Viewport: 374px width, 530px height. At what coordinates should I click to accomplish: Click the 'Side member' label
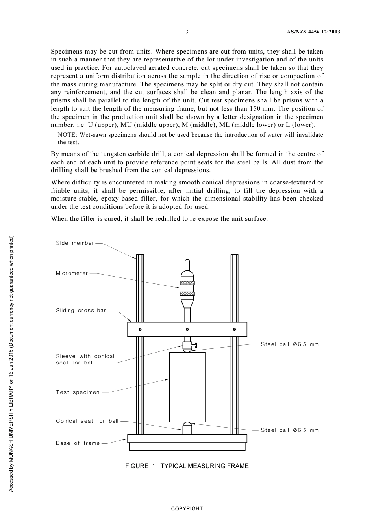(x=75, y=243)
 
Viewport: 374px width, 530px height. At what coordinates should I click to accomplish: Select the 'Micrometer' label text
(x=72, y=273)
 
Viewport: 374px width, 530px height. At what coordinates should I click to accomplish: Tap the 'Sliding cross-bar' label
(x=81, y=311)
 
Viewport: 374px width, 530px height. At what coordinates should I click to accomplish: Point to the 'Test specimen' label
(x=78, y=392)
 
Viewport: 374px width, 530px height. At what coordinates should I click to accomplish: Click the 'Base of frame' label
(x=78, y=443)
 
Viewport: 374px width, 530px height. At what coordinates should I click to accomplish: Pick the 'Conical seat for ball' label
(x=87, y=421)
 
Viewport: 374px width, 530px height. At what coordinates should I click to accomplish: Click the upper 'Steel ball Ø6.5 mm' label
(x=290, y=344)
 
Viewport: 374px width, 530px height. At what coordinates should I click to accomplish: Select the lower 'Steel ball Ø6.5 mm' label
(x=290, y=430)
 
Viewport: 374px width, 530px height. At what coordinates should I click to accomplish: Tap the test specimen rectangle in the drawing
(x=187, y=387)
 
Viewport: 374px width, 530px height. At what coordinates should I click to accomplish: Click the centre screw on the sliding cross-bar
(x=187, y=329)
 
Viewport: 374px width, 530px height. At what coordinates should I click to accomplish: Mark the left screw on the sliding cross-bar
(x=140, y=329)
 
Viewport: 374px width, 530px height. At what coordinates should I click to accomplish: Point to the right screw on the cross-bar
(x=235, y=329)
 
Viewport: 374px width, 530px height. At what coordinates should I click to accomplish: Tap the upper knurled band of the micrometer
(x=187, y=283)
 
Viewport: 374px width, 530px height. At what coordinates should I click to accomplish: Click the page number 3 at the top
(x=187, y=32)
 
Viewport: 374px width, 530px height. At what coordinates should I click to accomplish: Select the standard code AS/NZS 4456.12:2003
(x=313, y=32)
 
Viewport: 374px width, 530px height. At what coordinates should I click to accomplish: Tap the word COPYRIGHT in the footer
(x=187, y=508)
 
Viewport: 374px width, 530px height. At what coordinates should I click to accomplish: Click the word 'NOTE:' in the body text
(x=68, y=135)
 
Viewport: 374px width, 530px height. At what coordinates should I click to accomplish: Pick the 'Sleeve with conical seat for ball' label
(x=85, y=359)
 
